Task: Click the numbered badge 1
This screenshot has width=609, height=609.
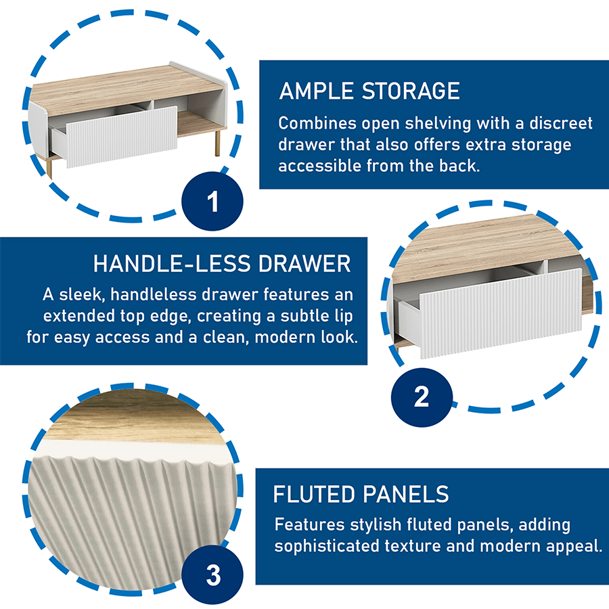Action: (212, 201)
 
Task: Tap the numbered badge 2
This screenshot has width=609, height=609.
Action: (422, 397)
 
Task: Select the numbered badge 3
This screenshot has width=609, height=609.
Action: (212, 574)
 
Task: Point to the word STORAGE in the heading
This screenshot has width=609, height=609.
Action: (411, 91)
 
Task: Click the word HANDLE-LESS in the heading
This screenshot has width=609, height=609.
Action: (172, 264)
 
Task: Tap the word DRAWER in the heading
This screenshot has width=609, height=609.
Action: (304, 264)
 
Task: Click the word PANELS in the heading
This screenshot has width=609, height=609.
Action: (405, 494)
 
